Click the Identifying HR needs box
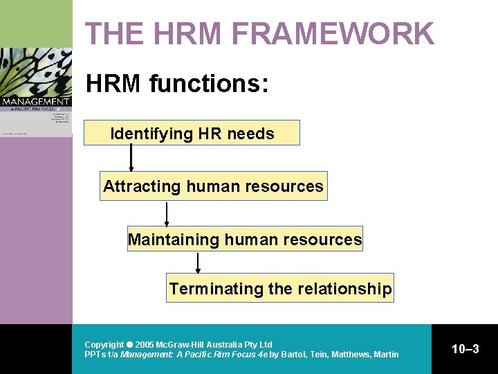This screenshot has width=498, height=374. (x=192, y=133)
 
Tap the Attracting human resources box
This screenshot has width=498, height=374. (x=213, y=186)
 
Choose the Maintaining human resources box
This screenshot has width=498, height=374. (x=245, y=240)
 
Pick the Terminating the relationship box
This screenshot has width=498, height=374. (x=280, y=288)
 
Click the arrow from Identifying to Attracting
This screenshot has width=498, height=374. (x=131, y=158)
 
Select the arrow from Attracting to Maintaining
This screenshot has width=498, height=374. (x=167, y=213)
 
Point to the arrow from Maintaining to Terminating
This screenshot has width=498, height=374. (x=199, y=263)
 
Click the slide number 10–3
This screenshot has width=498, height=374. (x=465, y=349)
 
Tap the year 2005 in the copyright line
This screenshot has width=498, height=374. (x=145, y=344)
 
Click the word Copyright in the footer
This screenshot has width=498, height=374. (x=104, y=344)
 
